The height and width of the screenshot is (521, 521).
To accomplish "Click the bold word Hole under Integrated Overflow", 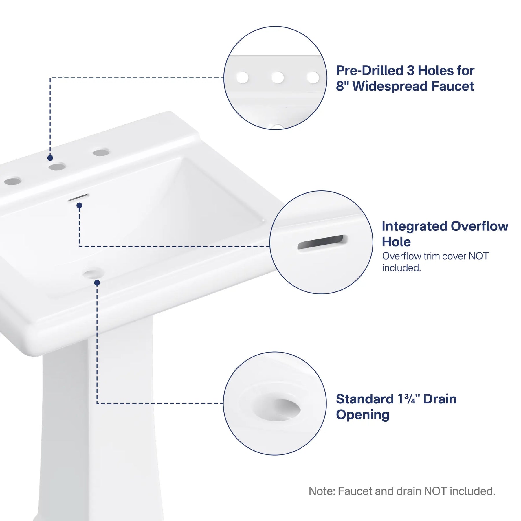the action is pyautogui.click(x=396, y=242).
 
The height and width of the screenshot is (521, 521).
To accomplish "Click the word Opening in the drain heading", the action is pyautogui.click(x=363, y=415).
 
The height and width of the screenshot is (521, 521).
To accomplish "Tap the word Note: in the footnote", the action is pyautogui.click(x=322, y=491).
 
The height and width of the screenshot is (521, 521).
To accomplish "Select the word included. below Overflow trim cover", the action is pyautogui.click(x=401, y=268).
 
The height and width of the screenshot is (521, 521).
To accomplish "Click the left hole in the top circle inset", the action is pyautogui.click(x=242, y=78).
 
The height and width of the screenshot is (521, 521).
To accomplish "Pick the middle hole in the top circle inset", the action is pyautogui.click(x=278, y=78).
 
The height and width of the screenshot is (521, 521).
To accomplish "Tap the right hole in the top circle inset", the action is pyautogui.click(x=313, y=78).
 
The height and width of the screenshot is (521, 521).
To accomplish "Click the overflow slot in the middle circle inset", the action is pyautogui.click(x=322, y=242).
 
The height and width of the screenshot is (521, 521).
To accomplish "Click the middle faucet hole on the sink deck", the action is pyautogui.click(x=57, y=167).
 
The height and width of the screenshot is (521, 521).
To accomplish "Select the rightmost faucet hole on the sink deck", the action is pyautogui.click(x=101, y=152).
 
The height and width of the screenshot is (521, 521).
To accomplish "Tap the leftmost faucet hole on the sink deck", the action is pyautogui.click(x=13, y=181).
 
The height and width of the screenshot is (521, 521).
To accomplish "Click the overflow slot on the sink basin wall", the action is pyautogui.click(x=78, y=198).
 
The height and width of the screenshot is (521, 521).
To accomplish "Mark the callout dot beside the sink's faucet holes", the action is pyautogui.click(x=50, y=158).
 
